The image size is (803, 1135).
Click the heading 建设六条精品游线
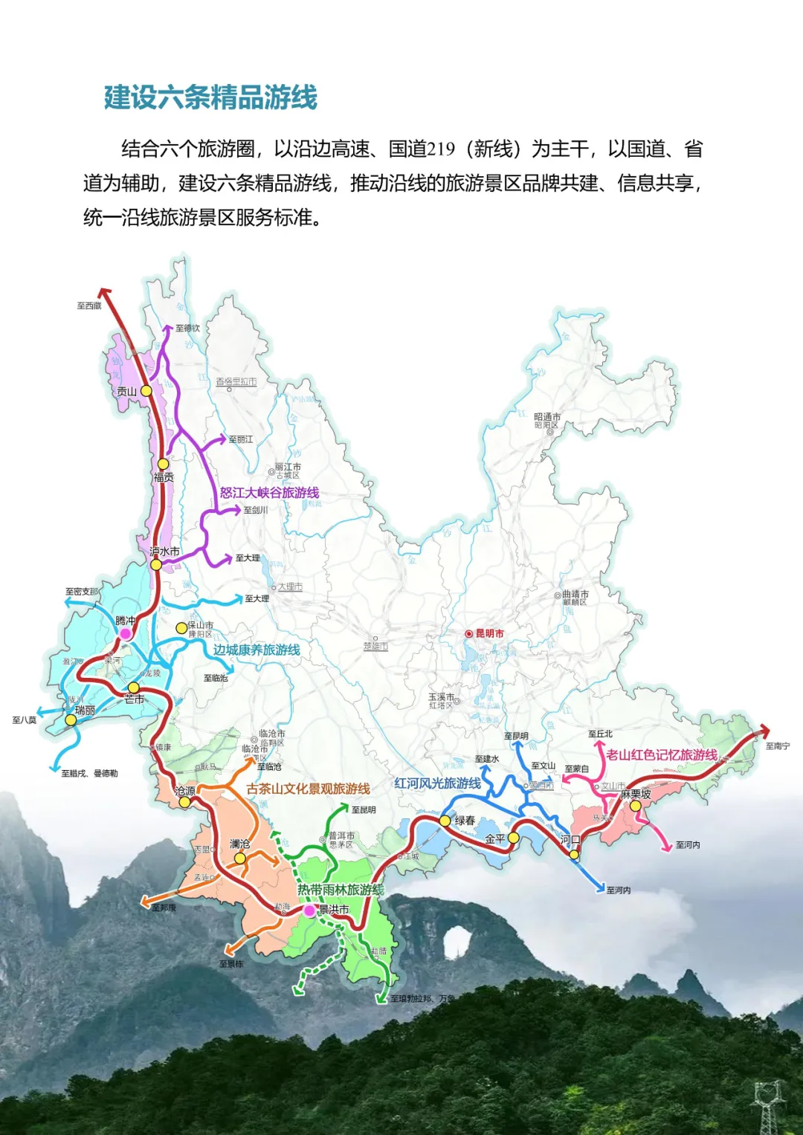(210, 97)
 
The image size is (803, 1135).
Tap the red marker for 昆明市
(469, 633)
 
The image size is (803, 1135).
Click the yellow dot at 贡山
(146, 390)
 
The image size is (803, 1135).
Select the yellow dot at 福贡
(163, 465)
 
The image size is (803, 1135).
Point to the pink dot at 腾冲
(126, 633)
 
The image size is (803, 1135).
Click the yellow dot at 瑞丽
(71, 720)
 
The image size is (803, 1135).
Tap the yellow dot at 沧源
(184, 802)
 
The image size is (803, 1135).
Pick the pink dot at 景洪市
(309, 911)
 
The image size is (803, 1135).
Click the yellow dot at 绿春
(445, 821)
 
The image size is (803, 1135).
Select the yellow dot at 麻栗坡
(635, 806)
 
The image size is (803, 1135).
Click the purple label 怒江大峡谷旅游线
(269, 493)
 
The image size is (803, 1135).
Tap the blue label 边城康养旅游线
(257, 650)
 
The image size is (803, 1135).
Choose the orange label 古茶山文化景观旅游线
(308, 789)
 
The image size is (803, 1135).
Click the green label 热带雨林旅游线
(341, 889)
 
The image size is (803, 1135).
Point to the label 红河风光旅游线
(437, 783)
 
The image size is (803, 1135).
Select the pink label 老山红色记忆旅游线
(661, 755)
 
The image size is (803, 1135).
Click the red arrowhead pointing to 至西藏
(105, 293)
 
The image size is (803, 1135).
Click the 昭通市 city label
(547, 417)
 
